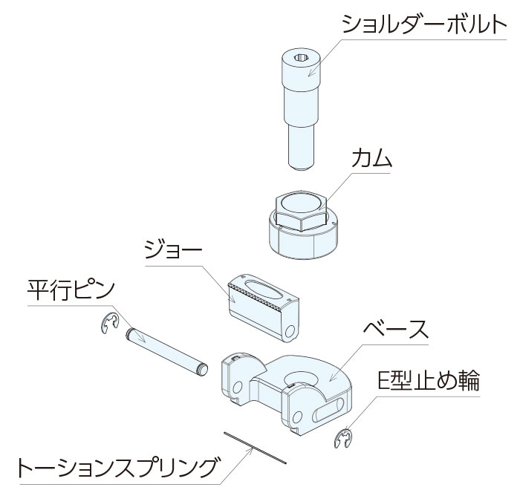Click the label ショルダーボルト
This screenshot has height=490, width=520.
[x=424, y=24]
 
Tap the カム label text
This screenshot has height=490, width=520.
[x=371, y=157]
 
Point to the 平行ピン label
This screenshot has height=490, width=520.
[x=71, y=290]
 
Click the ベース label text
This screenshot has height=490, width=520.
[x=395, y=330]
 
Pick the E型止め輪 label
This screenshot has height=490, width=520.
[x=429, y=382]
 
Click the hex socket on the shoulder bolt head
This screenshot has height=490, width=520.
[x=302, y=58]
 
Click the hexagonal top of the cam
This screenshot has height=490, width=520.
[x=302, y=211]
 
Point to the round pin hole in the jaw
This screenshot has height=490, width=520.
[x=290, y=331]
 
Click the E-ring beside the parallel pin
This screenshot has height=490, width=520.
[x=109, y=323]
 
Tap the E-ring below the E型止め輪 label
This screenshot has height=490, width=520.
[x=343, y=438]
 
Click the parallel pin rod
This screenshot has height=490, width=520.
[x=167, y=351]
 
